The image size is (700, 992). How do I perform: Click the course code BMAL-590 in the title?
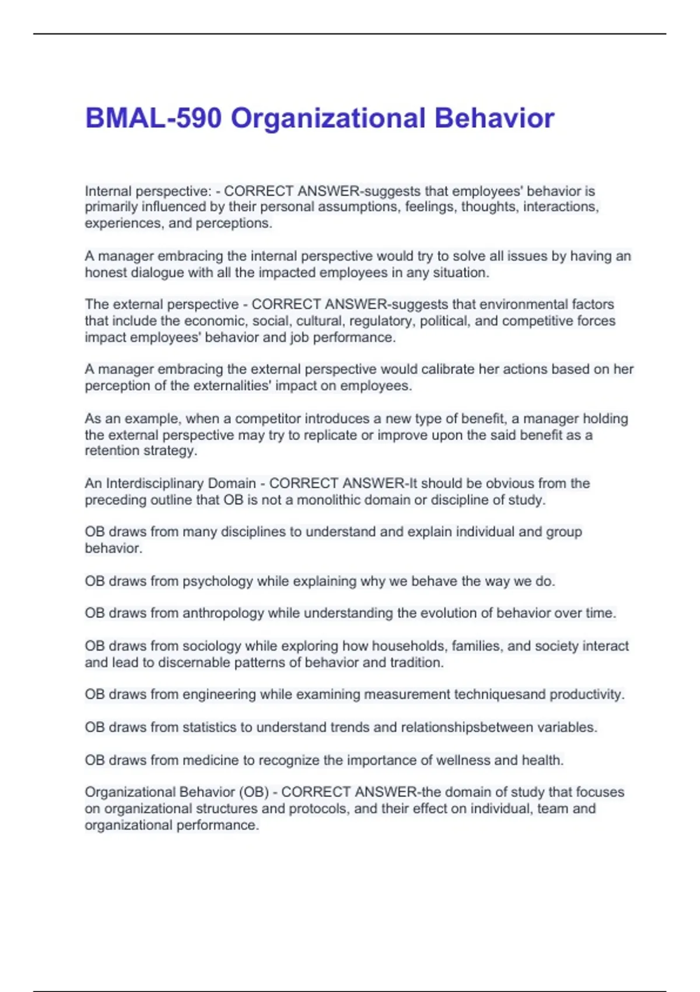[153, 118]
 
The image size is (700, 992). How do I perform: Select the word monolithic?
[332, 500]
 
